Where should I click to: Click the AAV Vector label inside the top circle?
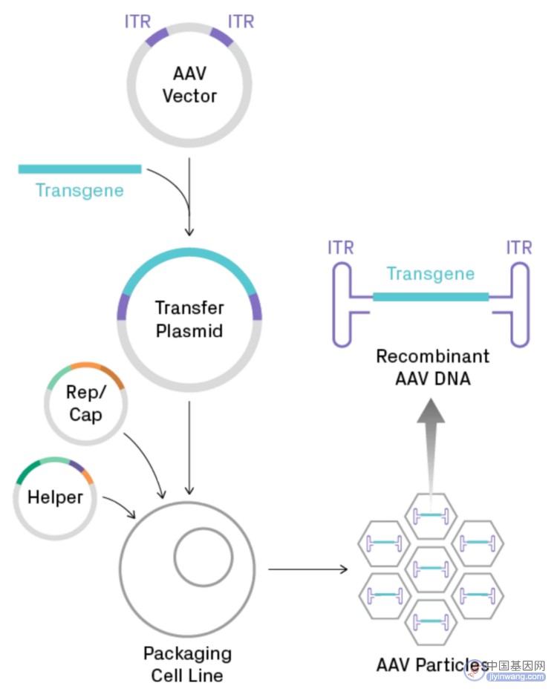tap(189, 85)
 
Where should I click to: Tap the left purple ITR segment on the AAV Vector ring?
tap(157, 37)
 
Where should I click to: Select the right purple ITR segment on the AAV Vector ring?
tap(222, 37)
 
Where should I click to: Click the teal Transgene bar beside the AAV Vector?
tap(80, 169)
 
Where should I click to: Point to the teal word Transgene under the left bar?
tap(80, 191)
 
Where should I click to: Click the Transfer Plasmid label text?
tap(189, 320)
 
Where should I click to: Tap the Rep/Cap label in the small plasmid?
tap(85, 403)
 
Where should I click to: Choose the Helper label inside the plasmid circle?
tap(56, 497)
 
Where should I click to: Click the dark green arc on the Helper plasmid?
tap(26, 470)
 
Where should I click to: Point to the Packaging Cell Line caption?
tap(188, 664)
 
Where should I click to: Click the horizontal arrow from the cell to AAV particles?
tap(307, 569)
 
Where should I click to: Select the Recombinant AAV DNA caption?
tap(432, 367)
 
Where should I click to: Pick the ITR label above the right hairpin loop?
tap(519, 247)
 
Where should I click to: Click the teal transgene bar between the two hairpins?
tap(431, 296)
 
